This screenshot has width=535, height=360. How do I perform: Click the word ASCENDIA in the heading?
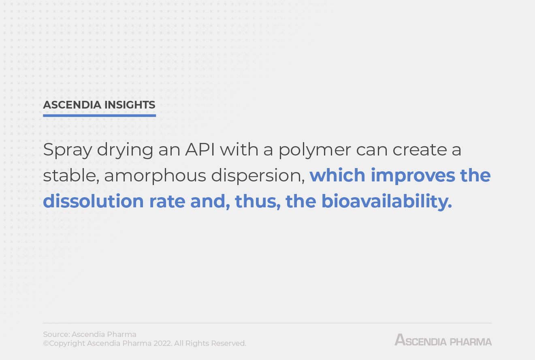point(72,105)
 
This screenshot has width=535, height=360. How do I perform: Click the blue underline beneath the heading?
point(99,115)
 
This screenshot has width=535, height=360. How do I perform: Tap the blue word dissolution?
point(93,201)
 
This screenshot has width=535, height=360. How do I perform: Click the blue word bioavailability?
point(386,201)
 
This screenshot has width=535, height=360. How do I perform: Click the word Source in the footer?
point(56,334)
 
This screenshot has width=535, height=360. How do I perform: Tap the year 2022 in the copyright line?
point(163,343)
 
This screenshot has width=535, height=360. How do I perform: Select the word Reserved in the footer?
point(228,343)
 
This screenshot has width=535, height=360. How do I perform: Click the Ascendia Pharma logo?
point(443,340)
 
